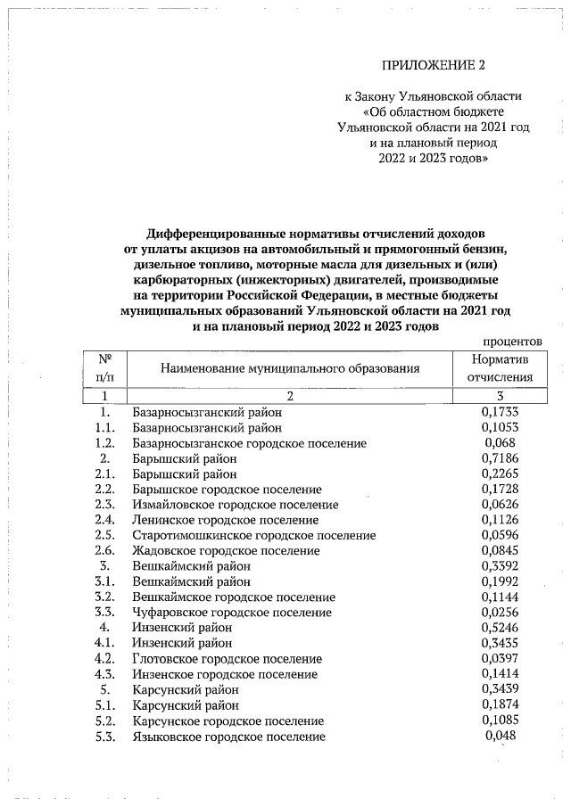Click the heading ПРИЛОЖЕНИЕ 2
(x=437, y=66)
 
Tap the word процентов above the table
(x=512, y=341)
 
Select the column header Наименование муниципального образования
(x=289, y=367)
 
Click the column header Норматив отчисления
(x=505, y=367)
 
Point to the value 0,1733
(x=500, y=413)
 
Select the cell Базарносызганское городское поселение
(x=249, y=443)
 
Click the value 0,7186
(x=500, y=458)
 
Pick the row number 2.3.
(x=105, y=505)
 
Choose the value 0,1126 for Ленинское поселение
(x=500, y=520)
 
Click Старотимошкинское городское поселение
(x=253, y=535)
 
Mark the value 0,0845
(x=500, y=550)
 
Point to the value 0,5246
(x=500, y=627)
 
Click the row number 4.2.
(x=105, y=658)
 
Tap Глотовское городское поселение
(x=227, y=658)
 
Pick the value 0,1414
(x=500, y=674)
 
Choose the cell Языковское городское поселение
(x=228, y=737)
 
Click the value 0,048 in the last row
(x=500, y=736)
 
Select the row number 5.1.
(x=105, y=705)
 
